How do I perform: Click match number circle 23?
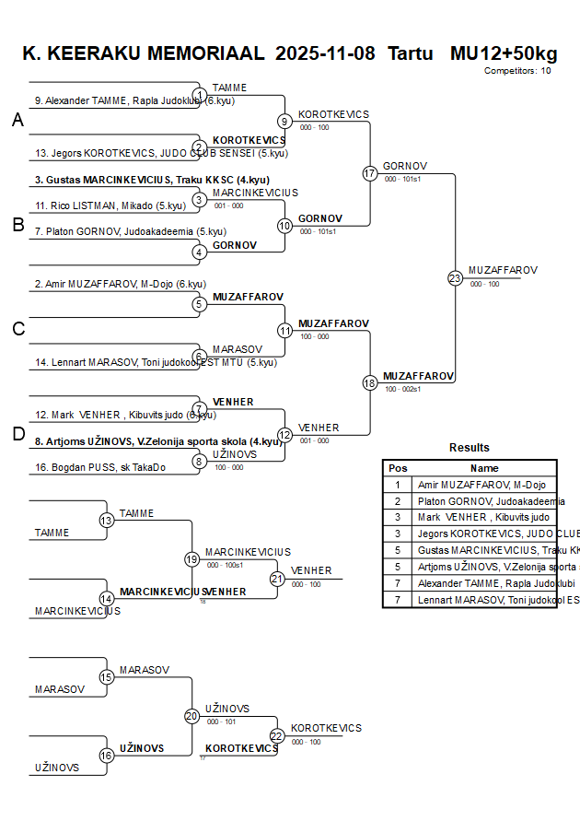point(455,277)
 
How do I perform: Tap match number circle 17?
point(370,173)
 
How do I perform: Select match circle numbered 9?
point(285,121)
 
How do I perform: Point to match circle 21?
point(277,579)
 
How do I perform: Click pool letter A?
point(17,120)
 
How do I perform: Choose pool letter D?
point(17,434)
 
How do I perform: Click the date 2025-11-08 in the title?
point(325,53)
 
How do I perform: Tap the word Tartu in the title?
point(410,53)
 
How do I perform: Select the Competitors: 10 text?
point(517,70)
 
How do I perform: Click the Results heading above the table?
point(470,448)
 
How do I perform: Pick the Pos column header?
point(398,468)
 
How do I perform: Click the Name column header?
point(484,468)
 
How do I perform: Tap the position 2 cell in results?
point(398,501)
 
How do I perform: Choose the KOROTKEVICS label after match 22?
point(326,728)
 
